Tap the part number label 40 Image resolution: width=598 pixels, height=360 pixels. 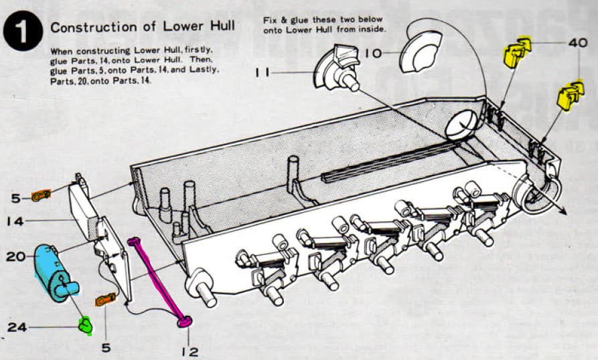click(577, 42)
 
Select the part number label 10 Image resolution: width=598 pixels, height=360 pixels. click(375, 52)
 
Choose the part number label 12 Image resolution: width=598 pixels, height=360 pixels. click(189, 350)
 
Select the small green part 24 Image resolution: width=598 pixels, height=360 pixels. click(85, 326)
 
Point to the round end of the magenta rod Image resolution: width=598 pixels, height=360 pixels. click(184, 323)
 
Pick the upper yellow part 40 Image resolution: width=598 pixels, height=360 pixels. click(516, 52)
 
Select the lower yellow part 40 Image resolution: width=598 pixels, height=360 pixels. click(570, 95)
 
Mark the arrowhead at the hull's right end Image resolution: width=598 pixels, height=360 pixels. click(564, 210)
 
